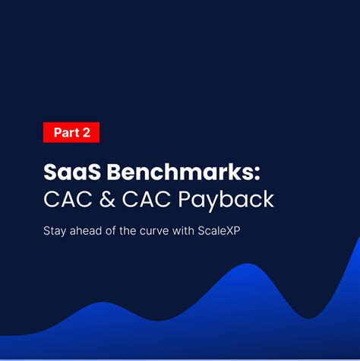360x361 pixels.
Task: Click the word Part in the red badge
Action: point(66,132)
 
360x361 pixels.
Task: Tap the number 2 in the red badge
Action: point(87,132)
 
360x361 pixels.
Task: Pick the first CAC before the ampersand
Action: point(66,200)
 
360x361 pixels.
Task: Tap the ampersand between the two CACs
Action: point(106,200)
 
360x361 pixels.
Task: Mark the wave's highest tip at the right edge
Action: point(358,239)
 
